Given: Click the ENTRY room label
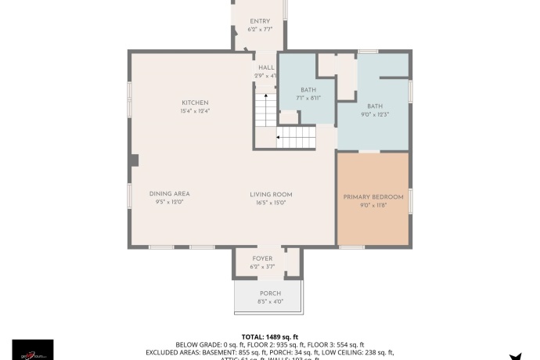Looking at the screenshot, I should tap(260, 21).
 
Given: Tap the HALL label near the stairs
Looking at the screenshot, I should tap(266, 67).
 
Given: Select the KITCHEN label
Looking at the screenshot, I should tap(195, 103).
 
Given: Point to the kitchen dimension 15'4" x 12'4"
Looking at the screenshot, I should tap(195, 111).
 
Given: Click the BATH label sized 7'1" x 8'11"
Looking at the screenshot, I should tap(308, 90).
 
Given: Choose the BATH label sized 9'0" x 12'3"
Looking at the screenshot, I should tap(375, 106).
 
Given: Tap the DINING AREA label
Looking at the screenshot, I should tap(170, 193).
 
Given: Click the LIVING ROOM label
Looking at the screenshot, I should tap(271, 194).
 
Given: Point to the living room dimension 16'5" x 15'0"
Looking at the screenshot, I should tap(271, 203).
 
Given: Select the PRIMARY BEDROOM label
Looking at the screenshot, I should tap(373, 196).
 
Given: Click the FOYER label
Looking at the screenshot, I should tap(262, 258).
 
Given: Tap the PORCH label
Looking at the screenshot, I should tap(271, 293).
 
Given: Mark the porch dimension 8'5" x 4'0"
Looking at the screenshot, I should tap(271, 302).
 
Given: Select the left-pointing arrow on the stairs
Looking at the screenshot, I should tap(280, 138).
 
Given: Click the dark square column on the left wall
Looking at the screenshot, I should tap(135, 160).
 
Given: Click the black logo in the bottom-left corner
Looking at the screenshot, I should tap(33, 349).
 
